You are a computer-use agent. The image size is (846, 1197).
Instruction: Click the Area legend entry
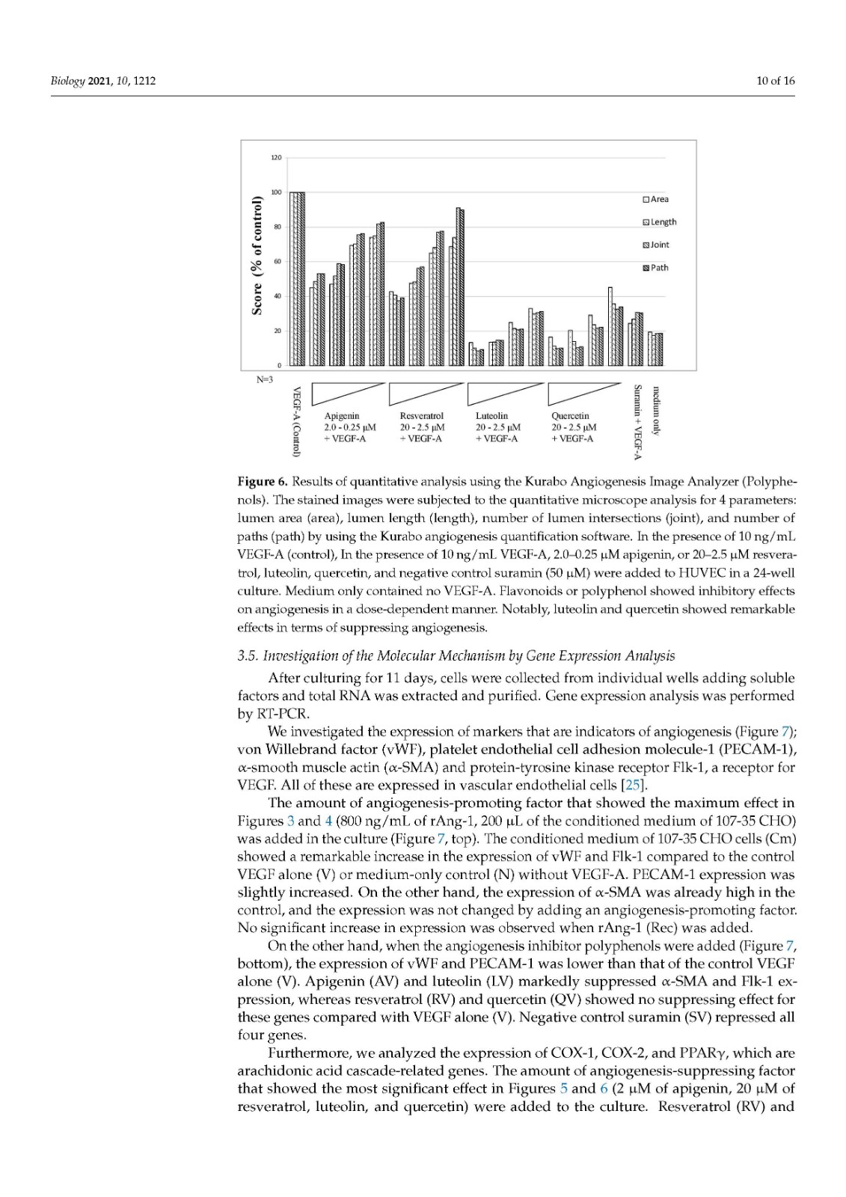pos(655,199)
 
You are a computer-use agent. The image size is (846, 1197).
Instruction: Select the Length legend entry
pos(659,222)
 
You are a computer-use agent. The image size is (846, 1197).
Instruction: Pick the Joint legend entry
pos(655,245)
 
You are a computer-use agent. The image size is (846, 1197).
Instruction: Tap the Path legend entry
pos(655,268)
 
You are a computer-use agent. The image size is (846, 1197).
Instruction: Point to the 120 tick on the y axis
pos(276,158)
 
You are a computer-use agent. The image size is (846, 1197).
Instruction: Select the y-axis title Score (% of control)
pos(257,255)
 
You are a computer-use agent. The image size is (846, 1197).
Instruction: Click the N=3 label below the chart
pos(265,379)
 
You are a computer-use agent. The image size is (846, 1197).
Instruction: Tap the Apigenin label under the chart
pos(341,416)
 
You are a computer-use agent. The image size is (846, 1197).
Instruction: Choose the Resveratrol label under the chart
pos(421,416)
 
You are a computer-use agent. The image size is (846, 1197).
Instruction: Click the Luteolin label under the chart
pos(491,416)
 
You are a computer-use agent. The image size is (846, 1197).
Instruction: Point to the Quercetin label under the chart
pos(570,416)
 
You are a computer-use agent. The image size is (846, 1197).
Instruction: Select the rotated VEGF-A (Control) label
pos(297,421)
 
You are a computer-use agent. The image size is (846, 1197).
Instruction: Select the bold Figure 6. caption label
pos(262,480)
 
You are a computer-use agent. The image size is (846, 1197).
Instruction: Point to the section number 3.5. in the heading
pos(248,656)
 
